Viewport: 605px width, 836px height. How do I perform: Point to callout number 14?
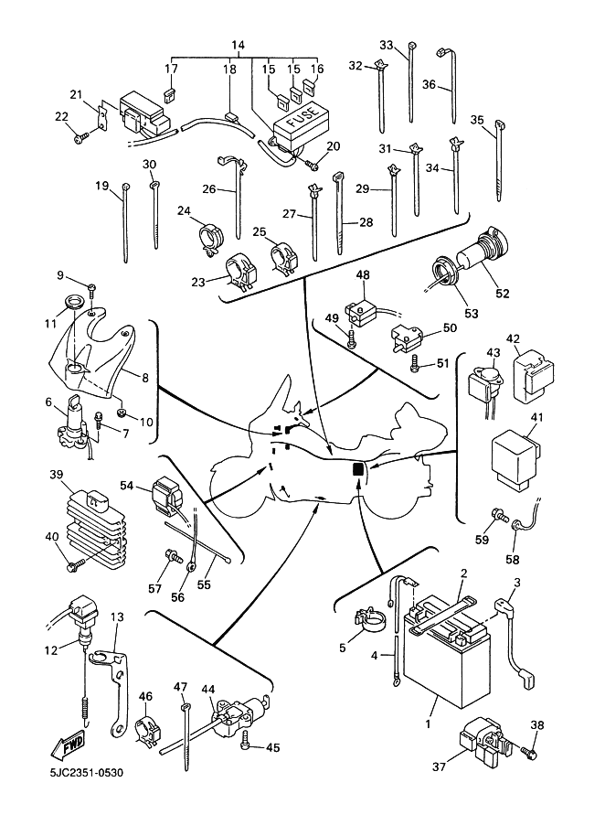pos(239,45)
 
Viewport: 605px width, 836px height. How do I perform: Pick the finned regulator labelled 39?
pos(92,525)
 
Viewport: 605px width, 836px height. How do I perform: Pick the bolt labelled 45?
pos(245,742)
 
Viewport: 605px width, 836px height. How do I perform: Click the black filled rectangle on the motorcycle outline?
pos(358,469)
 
